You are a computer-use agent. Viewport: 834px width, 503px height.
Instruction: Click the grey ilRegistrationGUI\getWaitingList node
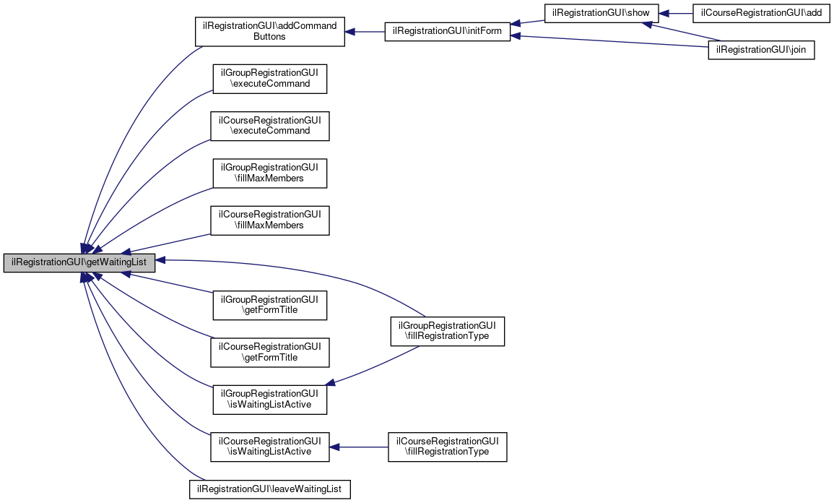point(79,263)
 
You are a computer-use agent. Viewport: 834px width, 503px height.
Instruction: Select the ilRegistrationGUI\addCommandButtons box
point(269,31)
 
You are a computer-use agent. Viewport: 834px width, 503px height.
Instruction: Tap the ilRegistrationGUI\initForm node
point(447,31)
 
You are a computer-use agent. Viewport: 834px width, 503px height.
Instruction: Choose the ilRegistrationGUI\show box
point(601,13)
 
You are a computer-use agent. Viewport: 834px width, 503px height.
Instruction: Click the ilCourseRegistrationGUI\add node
point(761,13)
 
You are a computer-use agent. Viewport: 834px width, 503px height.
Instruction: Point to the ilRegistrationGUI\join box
point(761,50)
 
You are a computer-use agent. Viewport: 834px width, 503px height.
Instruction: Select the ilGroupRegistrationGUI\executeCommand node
point(269,79)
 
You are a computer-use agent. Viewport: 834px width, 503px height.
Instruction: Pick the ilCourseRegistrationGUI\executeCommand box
point(269,126)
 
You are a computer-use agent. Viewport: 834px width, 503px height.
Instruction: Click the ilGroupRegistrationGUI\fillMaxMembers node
point(269,173)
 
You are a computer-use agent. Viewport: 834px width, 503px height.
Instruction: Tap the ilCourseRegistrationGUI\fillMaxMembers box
point(269,220)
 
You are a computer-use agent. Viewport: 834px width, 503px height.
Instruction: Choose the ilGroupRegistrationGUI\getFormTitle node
point(269,305)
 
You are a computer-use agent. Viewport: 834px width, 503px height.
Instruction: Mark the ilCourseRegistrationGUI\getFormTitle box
point(269,353)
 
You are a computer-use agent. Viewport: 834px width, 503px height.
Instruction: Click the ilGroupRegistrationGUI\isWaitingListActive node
point(269,399)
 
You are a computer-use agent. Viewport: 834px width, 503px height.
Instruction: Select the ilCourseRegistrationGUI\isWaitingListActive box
point(269,447)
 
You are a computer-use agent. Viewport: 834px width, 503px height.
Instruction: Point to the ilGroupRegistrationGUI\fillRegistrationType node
point(447,331)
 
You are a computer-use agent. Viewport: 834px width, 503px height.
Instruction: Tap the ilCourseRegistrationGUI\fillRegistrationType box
point(447,447)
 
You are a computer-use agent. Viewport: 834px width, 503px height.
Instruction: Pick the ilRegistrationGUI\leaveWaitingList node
point(269,489)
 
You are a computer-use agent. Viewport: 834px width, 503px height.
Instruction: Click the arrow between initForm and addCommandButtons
point(365,32)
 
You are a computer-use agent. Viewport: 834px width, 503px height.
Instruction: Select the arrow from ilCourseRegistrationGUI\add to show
point(675,13)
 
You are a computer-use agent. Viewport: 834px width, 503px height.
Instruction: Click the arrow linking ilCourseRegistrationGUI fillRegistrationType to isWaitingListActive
point(358,447)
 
